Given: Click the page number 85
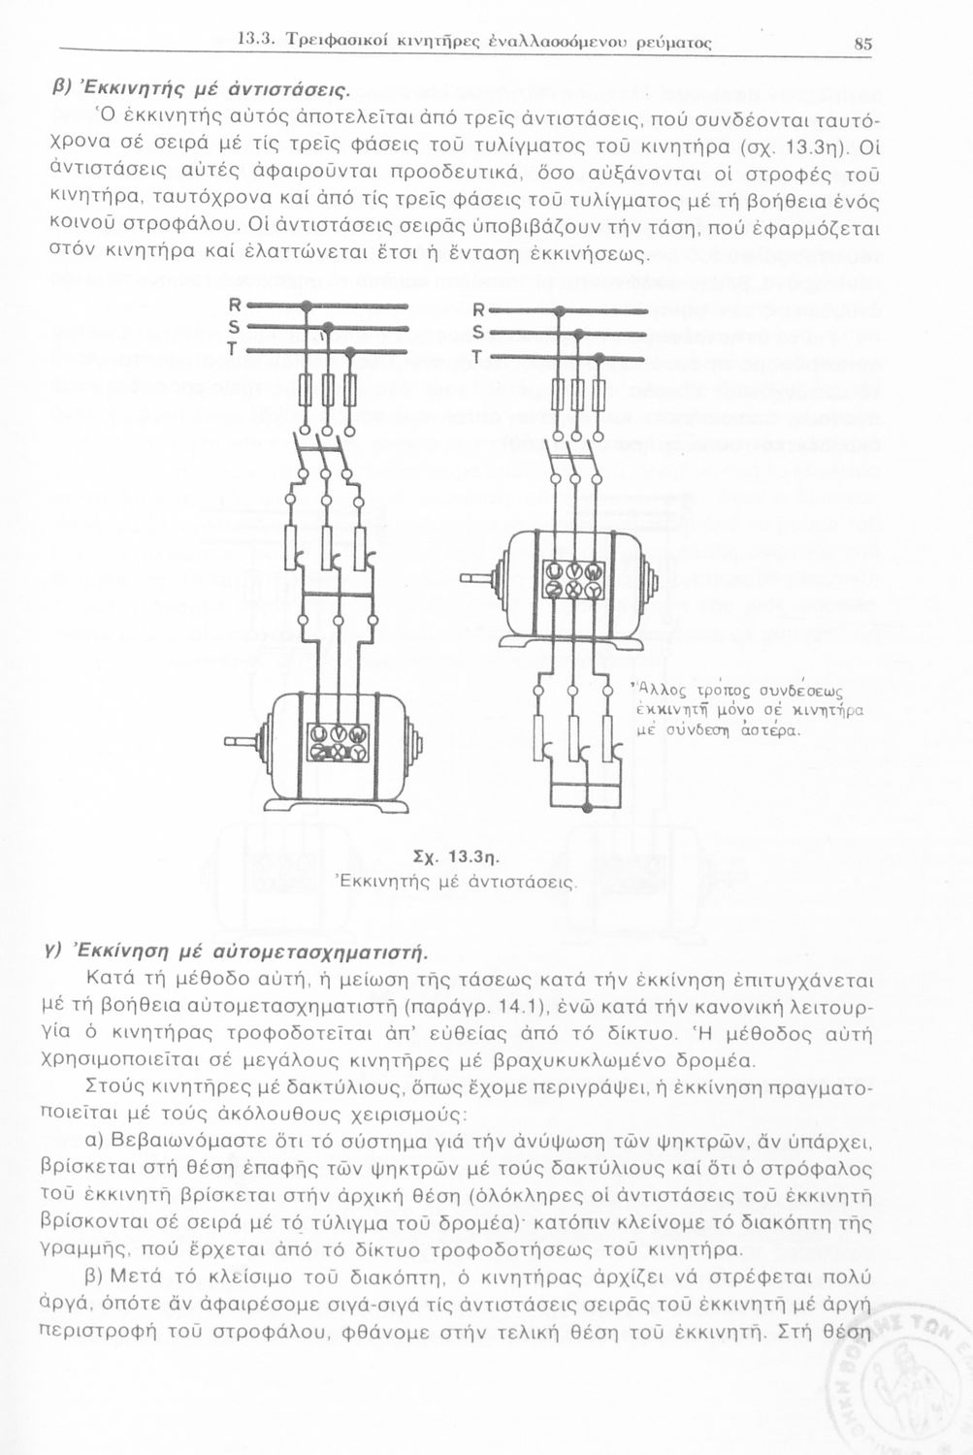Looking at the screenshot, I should (863, 44).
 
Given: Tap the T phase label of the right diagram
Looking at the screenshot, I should (477, 358).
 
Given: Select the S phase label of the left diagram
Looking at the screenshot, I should (234, 326).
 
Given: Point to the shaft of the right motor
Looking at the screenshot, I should (478, 580).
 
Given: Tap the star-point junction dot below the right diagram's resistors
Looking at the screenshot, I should (585, 807).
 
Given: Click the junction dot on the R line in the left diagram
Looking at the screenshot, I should (306, 307).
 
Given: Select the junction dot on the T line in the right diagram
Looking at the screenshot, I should (600, 359).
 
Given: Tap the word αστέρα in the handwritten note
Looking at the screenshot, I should (770, 730).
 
